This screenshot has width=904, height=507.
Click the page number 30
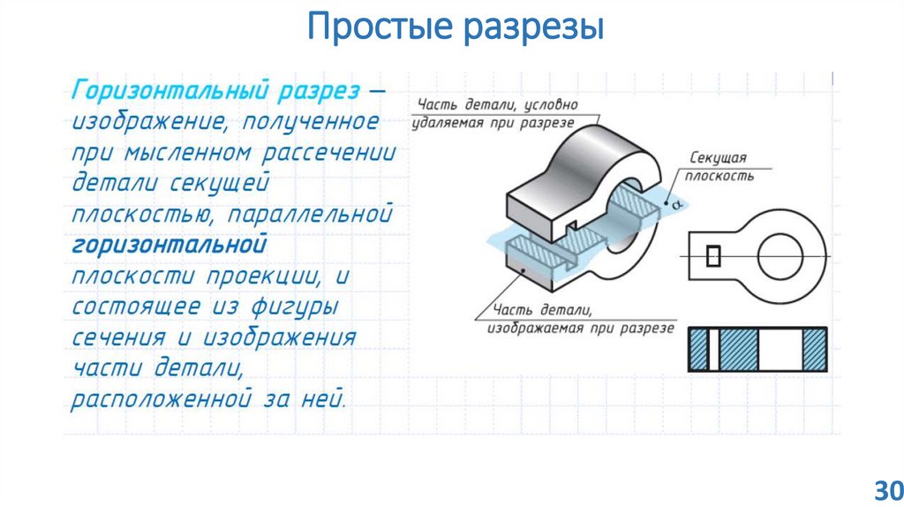pyautogui.click(x=885, y=488)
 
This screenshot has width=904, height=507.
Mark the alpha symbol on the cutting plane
pyautogui.click(x=677, y=205)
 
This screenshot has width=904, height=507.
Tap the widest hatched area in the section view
pyautogui.click(x=740, y=350)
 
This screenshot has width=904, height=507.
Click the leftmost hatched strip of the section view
pyautogui.click(x=699, y=350)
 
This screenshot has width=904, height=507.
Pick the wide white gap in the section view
pyautogui.click(x=779, y=350)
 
